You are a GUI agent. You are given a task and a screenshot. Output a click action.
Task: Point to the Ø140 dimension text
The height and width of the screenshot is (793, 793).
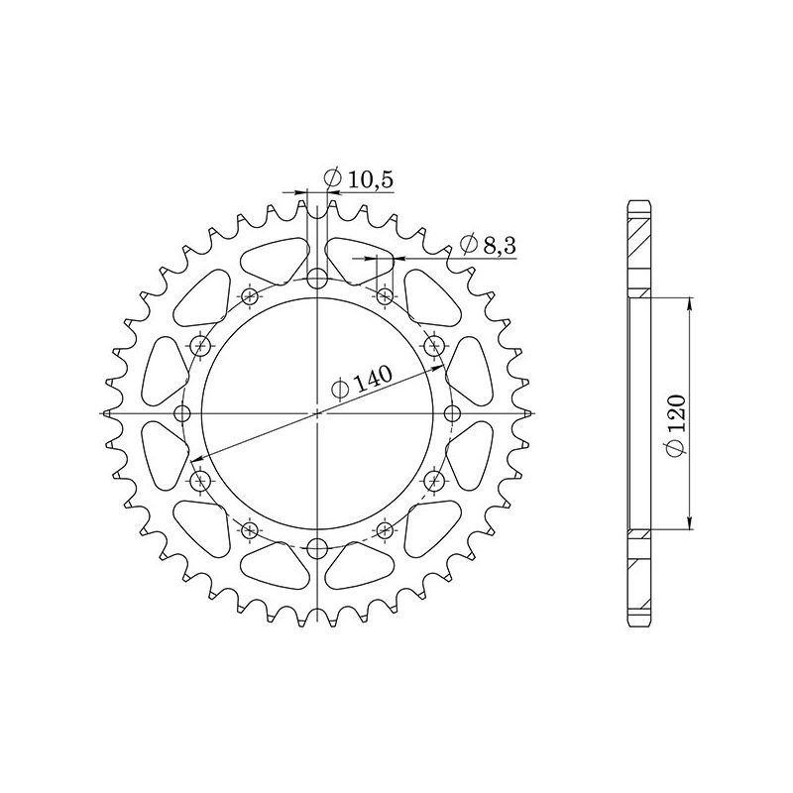pos(363,382)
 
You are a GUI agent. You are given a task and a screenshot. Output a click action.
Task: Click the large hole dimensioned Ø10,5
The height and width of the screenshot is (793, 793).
pos(316,278)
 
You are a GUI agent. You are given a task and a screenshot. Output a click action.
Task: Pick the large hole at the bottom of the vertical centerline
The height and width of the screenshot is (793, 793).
pos(316,548)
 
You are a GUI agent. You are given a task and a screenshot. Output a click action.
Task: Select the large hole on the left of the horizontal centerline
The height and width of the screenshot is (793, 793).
pos(180,412)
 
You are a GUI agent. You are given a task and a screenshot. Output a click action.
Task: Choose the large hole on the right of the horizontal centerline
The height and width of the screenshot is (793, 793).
pos(452,412)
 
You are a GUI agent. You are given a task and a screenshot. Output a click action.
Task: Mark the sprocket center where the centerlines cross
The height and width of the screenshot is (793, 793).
pos(316,412)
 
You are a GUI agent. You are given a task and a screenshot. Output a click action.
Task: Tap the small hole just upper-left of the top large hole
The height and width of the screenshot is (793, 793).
pos(249,295)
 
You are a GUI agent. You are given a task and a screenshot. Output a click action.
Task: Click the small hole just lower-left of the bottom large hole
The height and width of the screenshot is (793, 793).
pos(249,529)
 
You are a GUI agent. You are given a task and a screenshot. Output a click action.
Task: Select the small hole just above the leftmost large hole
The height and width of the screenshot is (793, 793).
pos(201,345)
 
